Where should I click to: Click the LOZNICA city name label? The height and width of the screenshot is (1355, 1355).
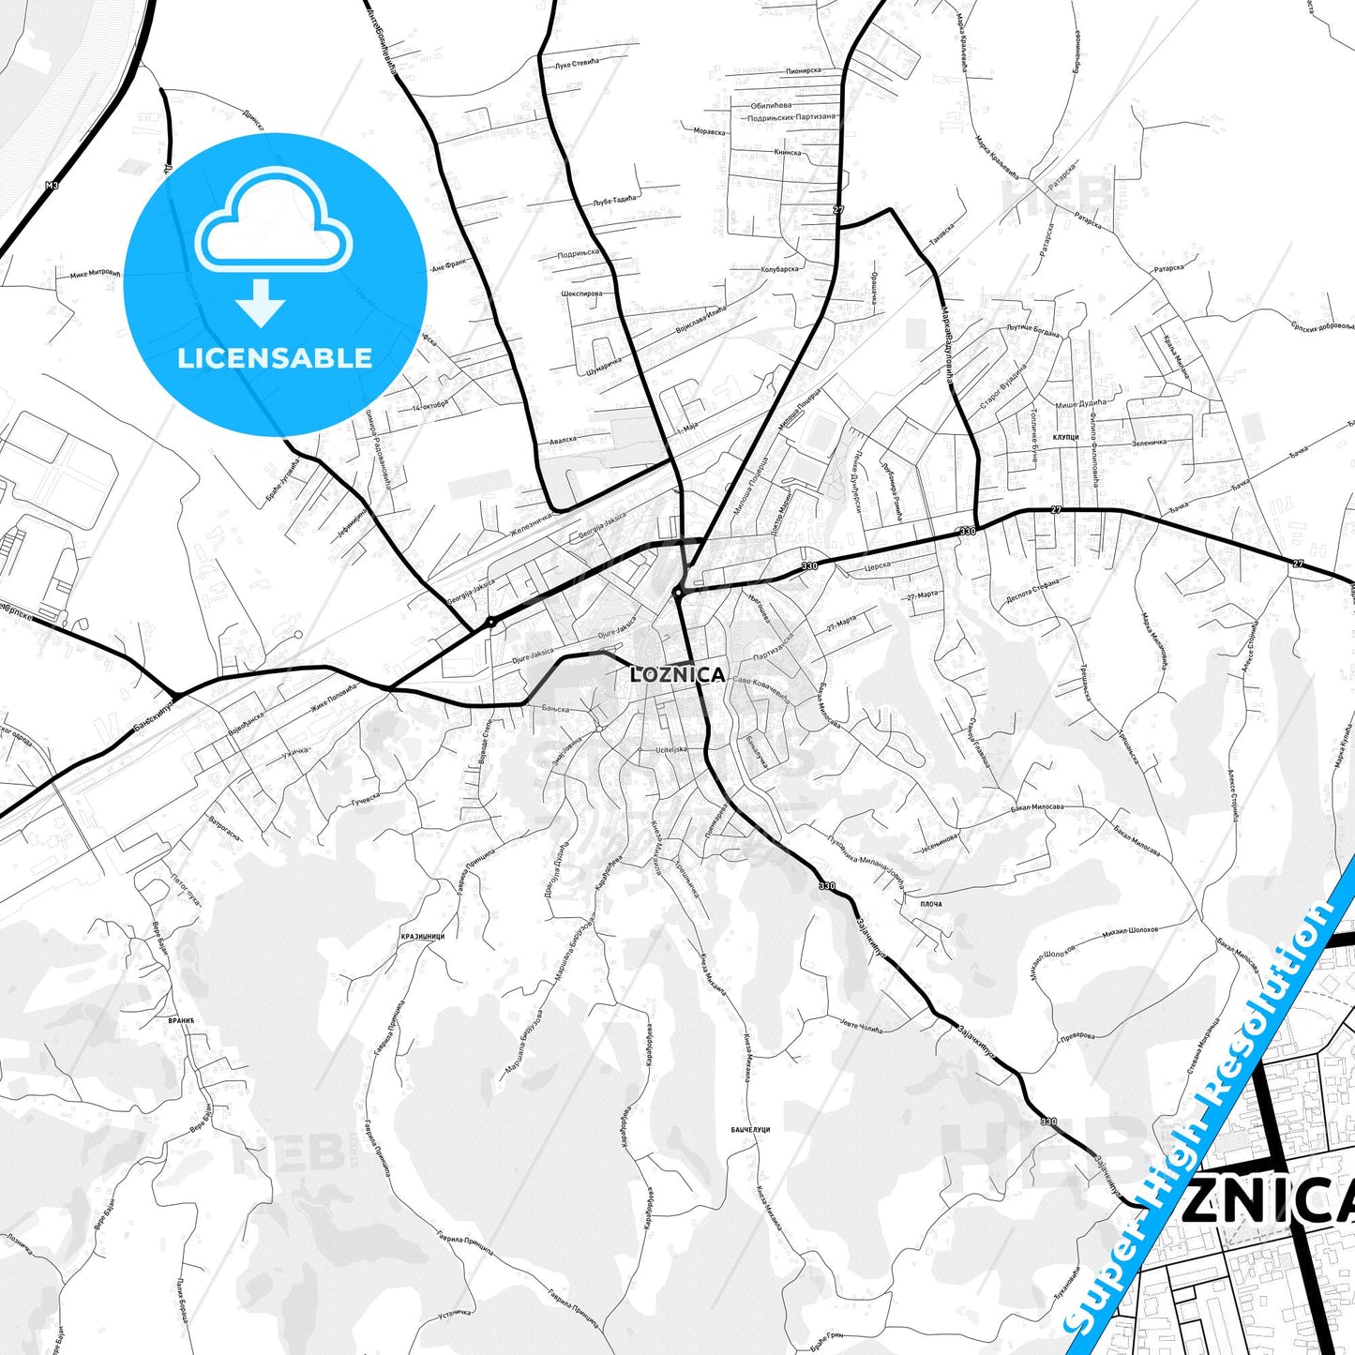[678, 674]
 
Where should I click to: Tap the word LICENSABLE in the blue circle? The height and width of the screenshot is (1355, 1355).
[275, 357]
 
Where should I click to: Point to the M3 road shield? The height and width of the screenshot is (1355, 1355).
[52, 187]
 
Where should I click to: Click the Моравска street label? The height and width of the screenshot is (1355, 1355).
[709, 131]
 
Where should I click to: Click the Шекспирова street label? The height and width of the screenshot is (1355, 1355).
[581, 293]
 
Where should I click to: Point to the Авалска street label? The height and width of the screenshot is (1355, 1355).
[563, 438]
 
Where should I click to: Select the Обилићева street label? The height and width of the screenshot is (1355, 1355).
[771, 106]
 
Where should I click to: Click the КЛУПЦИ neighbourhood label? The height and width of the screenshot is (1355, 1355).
[1066, 437]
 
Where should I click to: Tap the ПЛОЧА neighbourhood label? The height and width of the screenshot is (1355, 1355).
[930, 904]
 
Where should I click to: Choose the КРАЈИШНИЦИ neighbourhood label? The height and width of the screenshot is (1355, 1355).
[422, 936]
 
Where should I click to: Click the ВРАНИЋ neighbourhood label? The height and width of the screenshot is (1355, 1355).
[181, 1018]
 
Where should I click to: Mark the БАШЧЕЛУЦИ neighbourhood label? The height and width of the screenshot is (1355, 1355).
[750, 1130]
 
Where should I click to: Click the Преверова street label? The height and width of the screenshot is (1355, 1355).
[1076, 1036]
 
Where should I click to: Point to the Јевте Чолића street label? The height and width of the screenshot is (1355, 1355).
[860, 1028]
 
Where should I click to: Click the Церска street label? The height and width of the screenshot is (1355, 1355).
[877, 567]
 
